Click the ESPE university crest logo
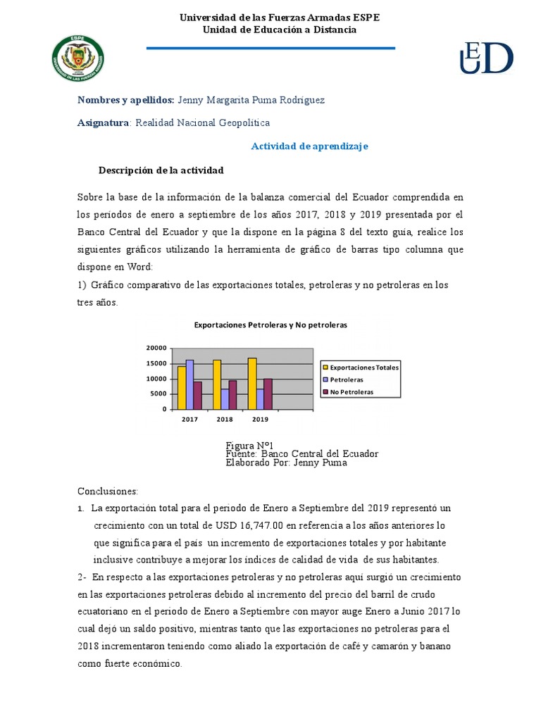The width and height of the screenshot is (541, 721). point(78,59)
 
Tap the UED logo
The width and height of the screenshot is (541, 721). point(486,58)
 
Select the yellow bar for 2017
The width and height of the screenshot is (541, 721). point(181,387)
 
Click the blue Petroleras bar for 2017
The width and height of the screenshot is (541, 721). point(189,384)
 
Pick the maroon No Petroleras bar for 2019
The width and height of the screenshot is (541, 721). point(268,394)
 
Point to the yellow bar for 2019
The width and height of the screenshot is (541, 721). point(251,383)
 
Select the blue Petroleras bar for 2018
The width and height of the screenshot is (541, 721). point(225,399)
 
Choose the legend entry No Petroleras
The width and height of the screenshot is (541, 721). point(352,391)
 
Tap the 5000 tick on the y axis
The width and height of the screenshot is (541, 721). point(158,394)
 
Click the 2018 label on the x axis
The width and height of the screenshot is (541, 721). point(225,419)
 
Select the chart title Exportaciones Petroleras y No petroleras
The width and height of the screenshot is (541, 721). point(270,325)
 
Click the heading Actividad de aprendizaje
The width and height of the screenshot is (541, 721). point(310,146)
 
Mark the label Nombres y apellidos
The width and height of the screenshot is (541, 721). point(126,100)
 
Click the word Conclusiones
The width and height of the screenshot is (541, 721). point(108,491)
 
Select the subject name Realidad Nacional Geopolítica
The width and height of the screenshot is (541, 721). point(202,123)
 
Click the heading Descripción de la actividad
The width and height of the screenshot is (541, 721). point(161,170)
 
